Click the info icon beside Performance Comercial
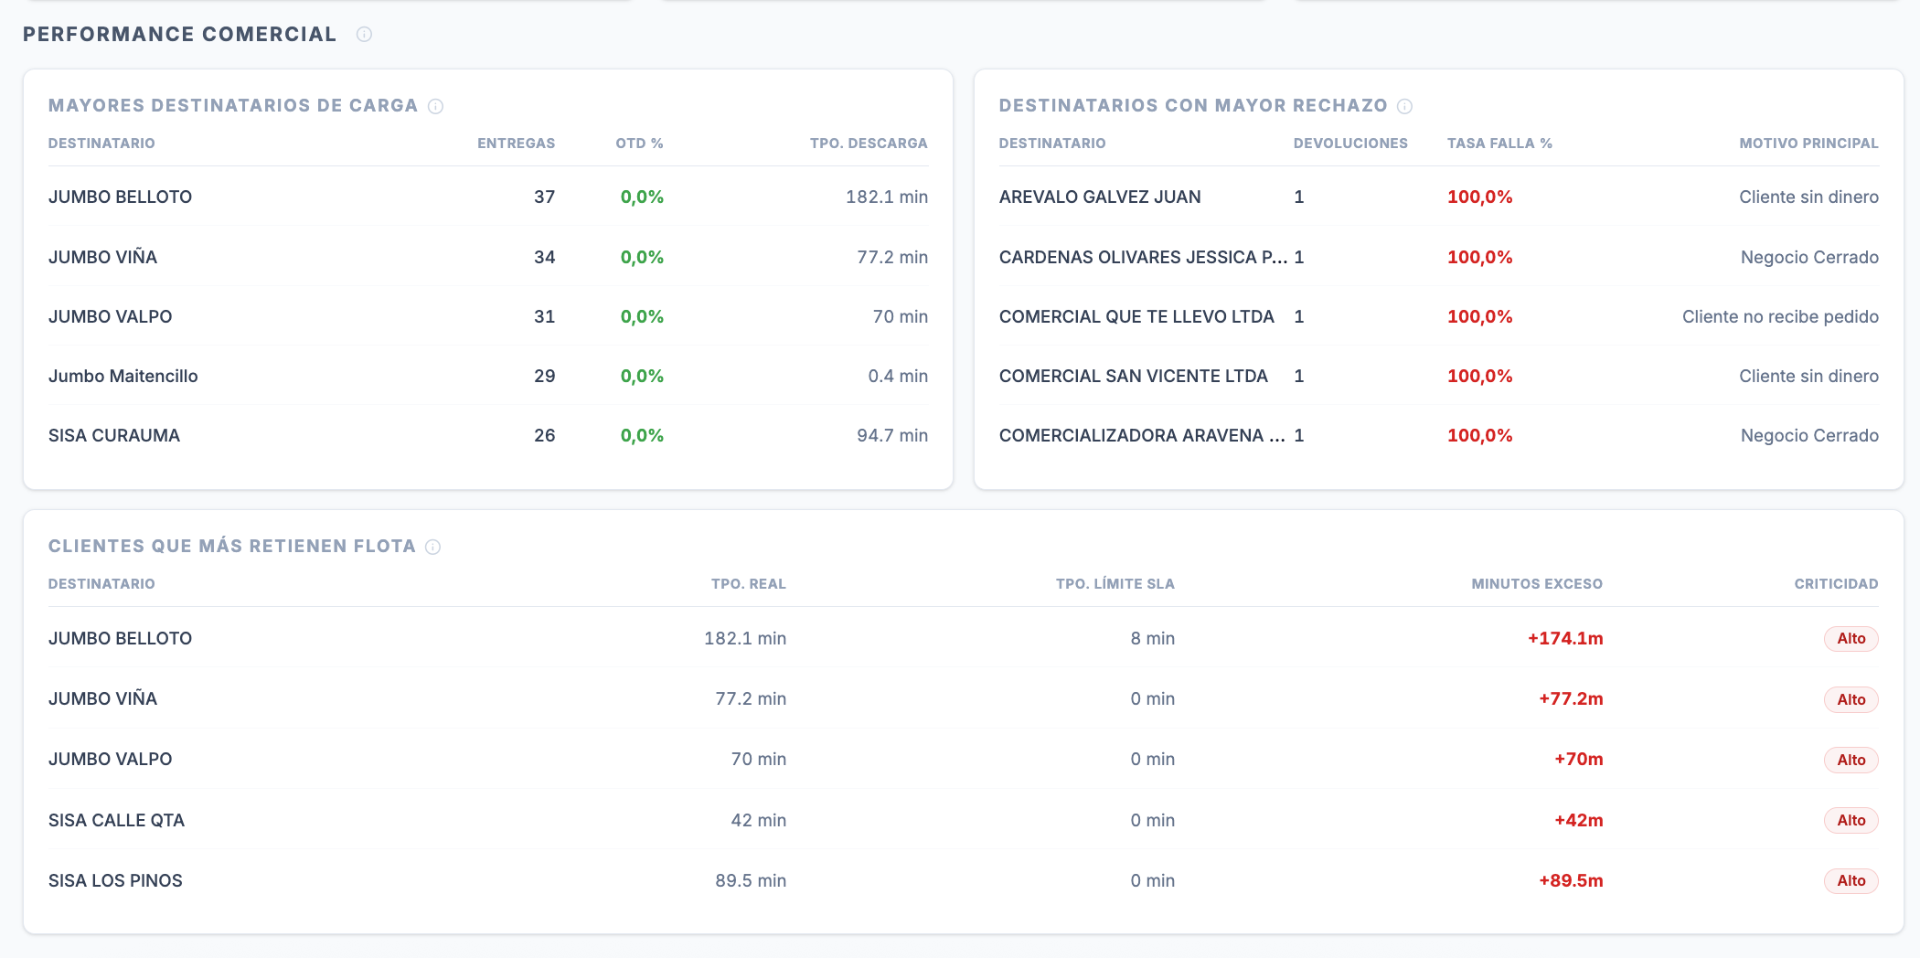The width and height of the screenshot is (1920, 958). [x=364, y=35]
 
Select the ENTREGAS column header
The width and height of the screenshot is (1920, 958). [x=516, y=144]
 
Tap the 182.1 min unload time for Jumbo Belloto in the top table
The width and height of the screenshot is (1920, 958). [x=886, y=197]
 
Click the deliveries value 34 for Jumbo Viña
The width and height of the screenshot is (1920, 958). [x=544, y=257]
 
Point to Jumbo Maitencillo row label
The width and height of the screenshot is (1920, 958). [x=123, y=376]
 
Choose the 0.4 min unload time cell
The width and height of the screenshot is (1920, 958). [x=898, y=376]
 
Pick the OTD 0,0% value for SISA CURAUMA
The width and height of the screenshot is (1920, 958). [x=642, y=435]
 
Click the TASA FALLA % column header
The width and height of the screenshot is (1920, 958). [x=1499, y=144]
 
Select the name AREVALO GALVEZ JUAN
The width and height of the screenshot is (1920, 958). [x=1100, y=197]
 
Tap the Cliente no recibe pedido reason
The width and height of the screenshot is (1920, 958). [x=1780, y=316]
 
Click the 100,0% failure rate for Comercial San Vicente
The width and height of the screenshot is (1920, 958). [x=1479, y=376]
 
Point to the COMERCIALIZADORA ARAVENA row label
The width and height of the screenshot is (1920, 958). [x=1142, y=435]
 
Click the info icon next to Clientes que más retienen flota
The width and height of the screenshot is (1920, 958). [x=433, y=547]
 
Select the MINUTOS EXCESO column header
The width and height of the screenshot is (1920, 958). [x=1537, y=584]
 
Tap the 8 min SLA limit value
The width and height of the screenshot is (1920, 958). [x=1152, y=638]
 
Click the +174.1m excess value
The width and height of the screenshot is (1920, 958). [x=1565, y=638]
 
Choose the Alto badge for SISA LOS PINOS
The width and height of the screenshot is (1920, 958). [x=1851, y=880]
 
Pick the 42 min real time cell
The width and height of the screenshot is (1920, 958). [x=758, y=820]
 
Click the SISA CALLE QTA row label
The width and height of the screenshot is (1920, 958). [x=116, y=820]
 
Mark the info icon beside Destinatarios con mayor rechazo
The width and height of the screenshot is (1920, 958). [x=1404, y=106]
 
